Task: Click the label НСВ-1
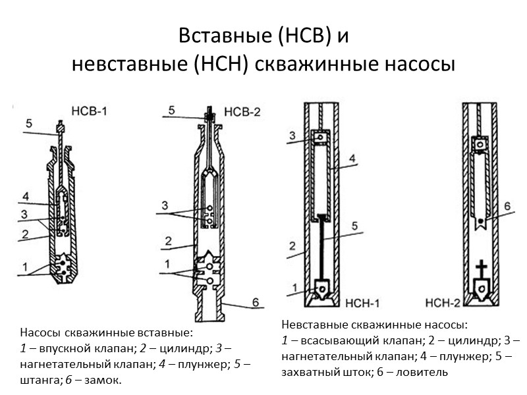click(90, 111)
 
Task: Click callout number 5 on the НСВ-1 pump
click(30, 123)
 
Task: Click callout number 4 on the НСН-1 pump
click(352, 159)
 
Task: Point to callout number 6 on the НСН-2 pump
click(507, 205)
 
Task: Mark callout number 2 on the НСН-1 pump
click(291, 246)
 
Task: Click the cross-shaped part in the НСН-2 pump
click(482, 268)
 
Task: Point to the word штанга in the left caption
click(39, 381)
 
